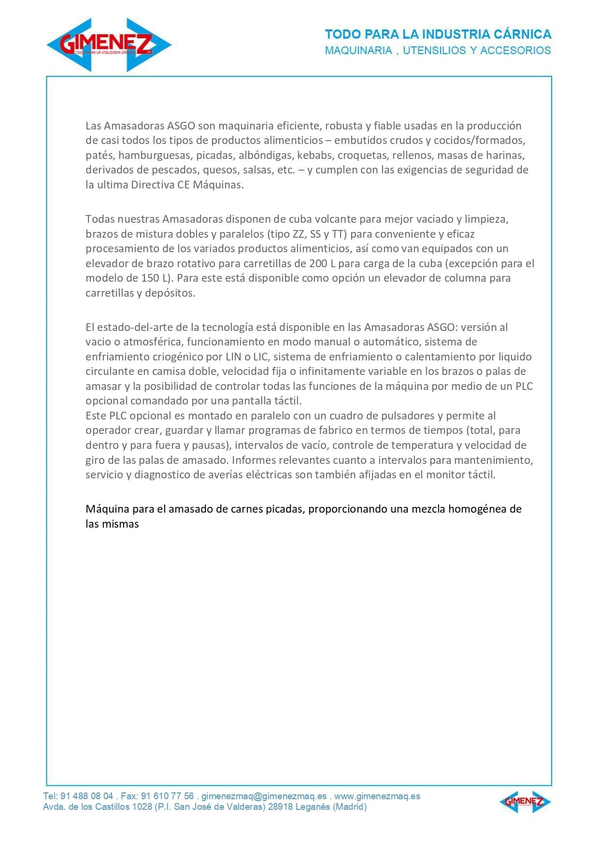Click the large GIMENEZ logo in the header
pyautogui.click(x=109, y=45)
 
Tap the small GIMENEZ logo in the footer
pyautogui.click(x=525, y=802)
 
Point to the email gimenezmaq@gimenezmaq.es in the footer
pyautogui.click(x=264, y=796)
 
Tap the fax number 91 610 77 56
pyautogui.click(x=167, y=796)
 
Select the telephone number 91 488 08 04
pyautogui.click(x=87, y=796)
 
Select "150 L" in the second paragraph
pyautogui.click(x=157, y=278)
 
